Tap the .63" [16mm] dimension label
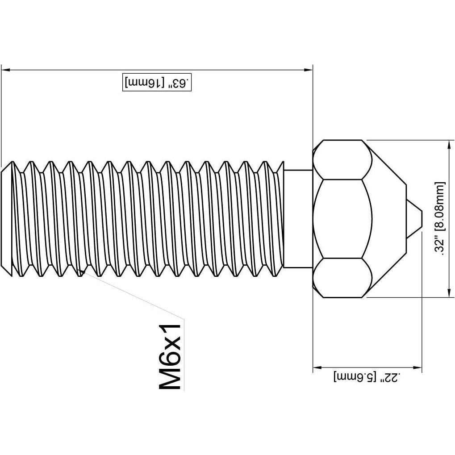(x=157, y=83)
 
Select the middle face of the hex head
(x=343, y=219)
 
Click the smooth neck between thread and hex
(x=298, y=219)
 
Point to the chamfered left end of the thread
(x=7, y=219)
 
